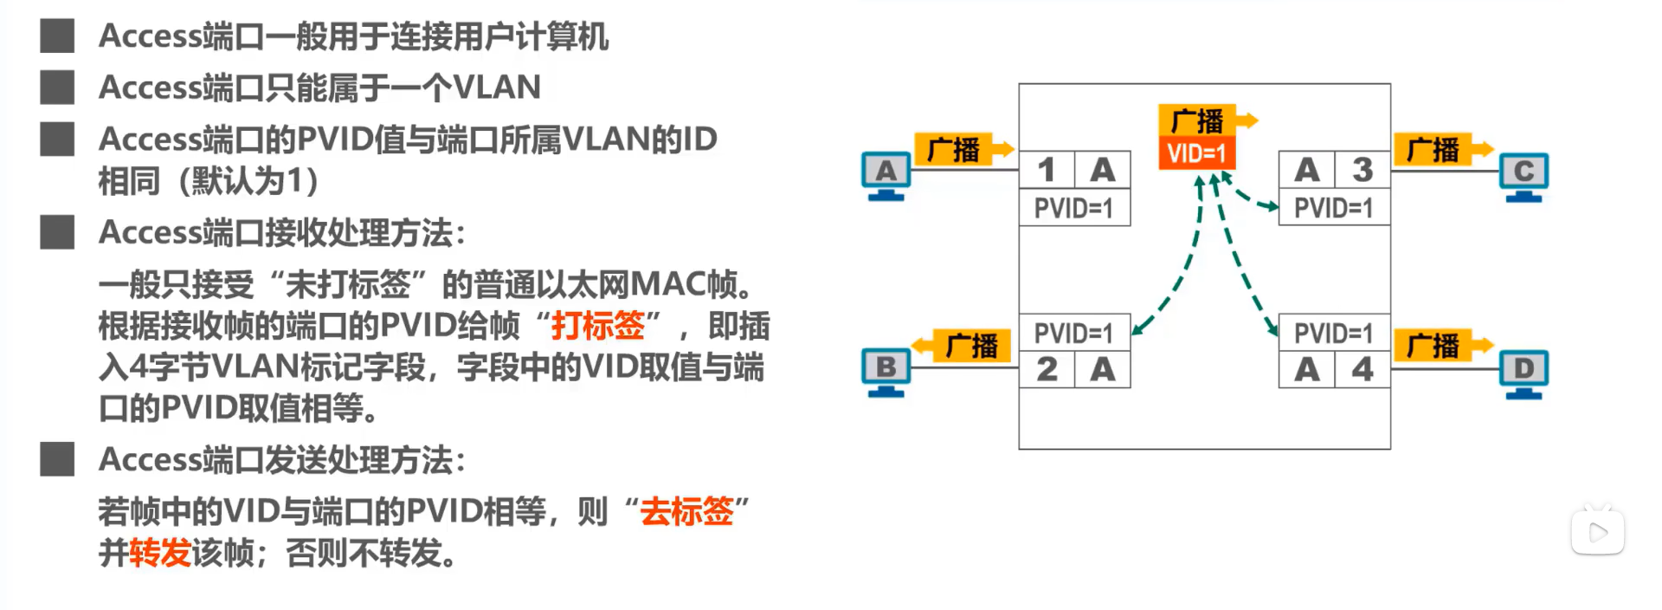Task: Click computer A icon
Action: [x=886, y=174]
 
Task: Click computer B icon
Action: [x=886, y=371]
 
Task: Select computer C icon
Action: [x=1523, y=174]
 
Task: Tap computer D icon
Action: [x=1523, y=371]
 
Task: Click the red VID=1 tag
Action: [x=1196, y=153]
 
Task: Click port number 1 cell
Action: [x=1047, y=170]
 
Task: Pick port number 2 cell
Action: [x=1047, y=370]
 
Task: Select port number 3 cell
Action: [x=1362, y=170]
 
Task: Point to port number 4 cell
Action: [x=1362, y=370]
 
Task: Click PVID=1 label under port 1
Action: [x=1073, y=209]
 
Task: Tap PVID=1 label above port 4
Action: [x=1333, y=333]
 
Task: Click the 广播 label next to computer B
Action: [x=971, y=347]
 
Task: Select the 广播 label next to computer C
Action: [x=1433, y=150]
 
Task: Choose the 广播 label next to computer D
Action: [x=1433, y=347]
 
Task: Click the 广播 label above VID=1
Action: [x=1197, y=120]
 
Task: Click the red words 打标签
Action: [x=598, y=326]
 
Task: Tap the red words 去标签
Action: [x=686, y=511]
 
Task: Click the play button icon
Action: [x=1597, y=532]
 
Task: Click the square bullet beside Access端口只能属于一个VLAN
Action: [x=57, y=88]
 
